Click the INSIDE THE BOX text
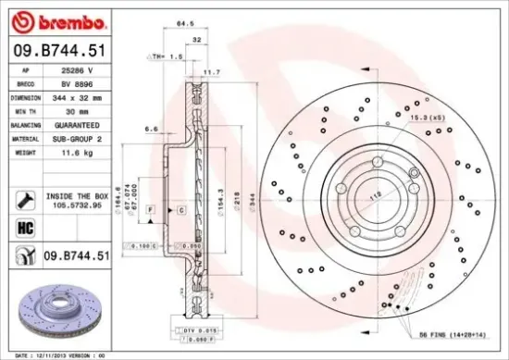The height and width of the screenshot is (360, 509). tap(78, 196)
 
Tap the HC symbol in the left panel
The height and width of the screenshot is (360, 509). tap(25, 226)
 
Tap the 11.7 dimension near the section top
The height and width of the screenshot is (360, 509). tap(211, 71)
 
